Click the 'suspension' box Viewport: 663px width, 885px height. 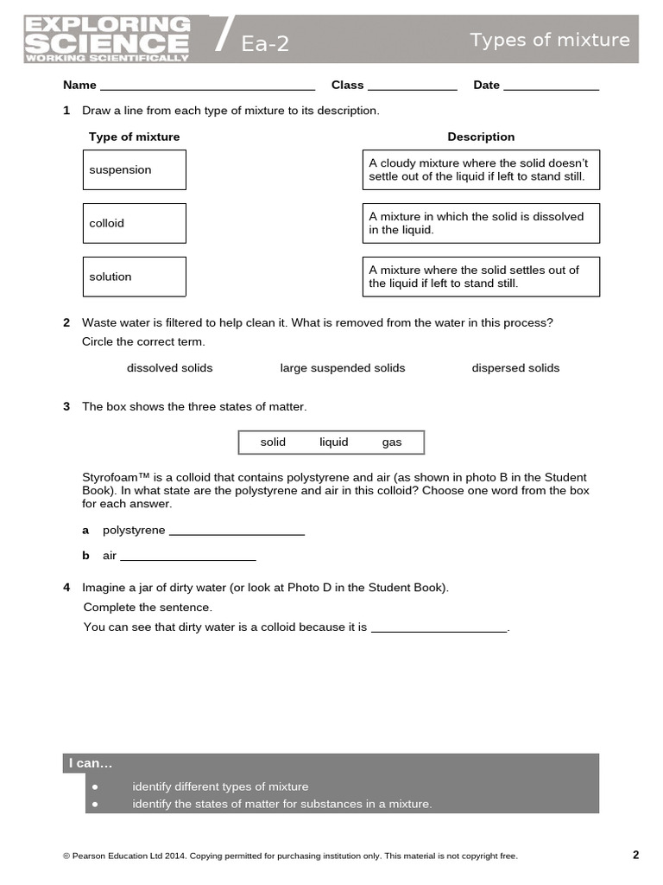point(134,170)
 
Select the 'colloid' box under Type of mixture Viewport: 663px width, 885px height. point(134,223)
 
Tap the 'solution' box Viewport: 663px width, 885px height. point(134,277)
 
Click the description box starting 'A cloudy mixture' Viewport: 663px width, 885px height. point(480,170)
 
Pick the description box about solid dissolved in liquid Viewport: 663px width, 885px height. point(480,223)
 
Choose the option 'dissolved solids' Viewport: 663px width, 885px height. point(169,368)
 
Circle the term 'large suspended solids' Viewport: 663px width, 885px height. point(342,368)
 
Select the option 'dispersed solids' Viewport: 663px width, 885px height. point(515,368)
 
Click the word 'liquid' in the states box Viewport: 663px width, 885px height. point(333,442)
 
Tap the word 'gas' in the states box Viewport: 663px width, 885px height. point(392,442)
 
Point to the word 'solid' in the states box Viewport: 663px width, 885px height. point(273,442)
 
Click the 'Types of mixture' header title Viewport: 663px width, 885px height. point(549,40)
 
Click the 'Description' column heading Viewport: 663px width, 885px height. point(481,137)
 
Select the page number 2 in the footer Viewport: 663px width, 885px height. point(635,856)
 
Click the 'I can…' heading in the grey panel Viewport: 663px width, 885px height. point(91,764)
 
